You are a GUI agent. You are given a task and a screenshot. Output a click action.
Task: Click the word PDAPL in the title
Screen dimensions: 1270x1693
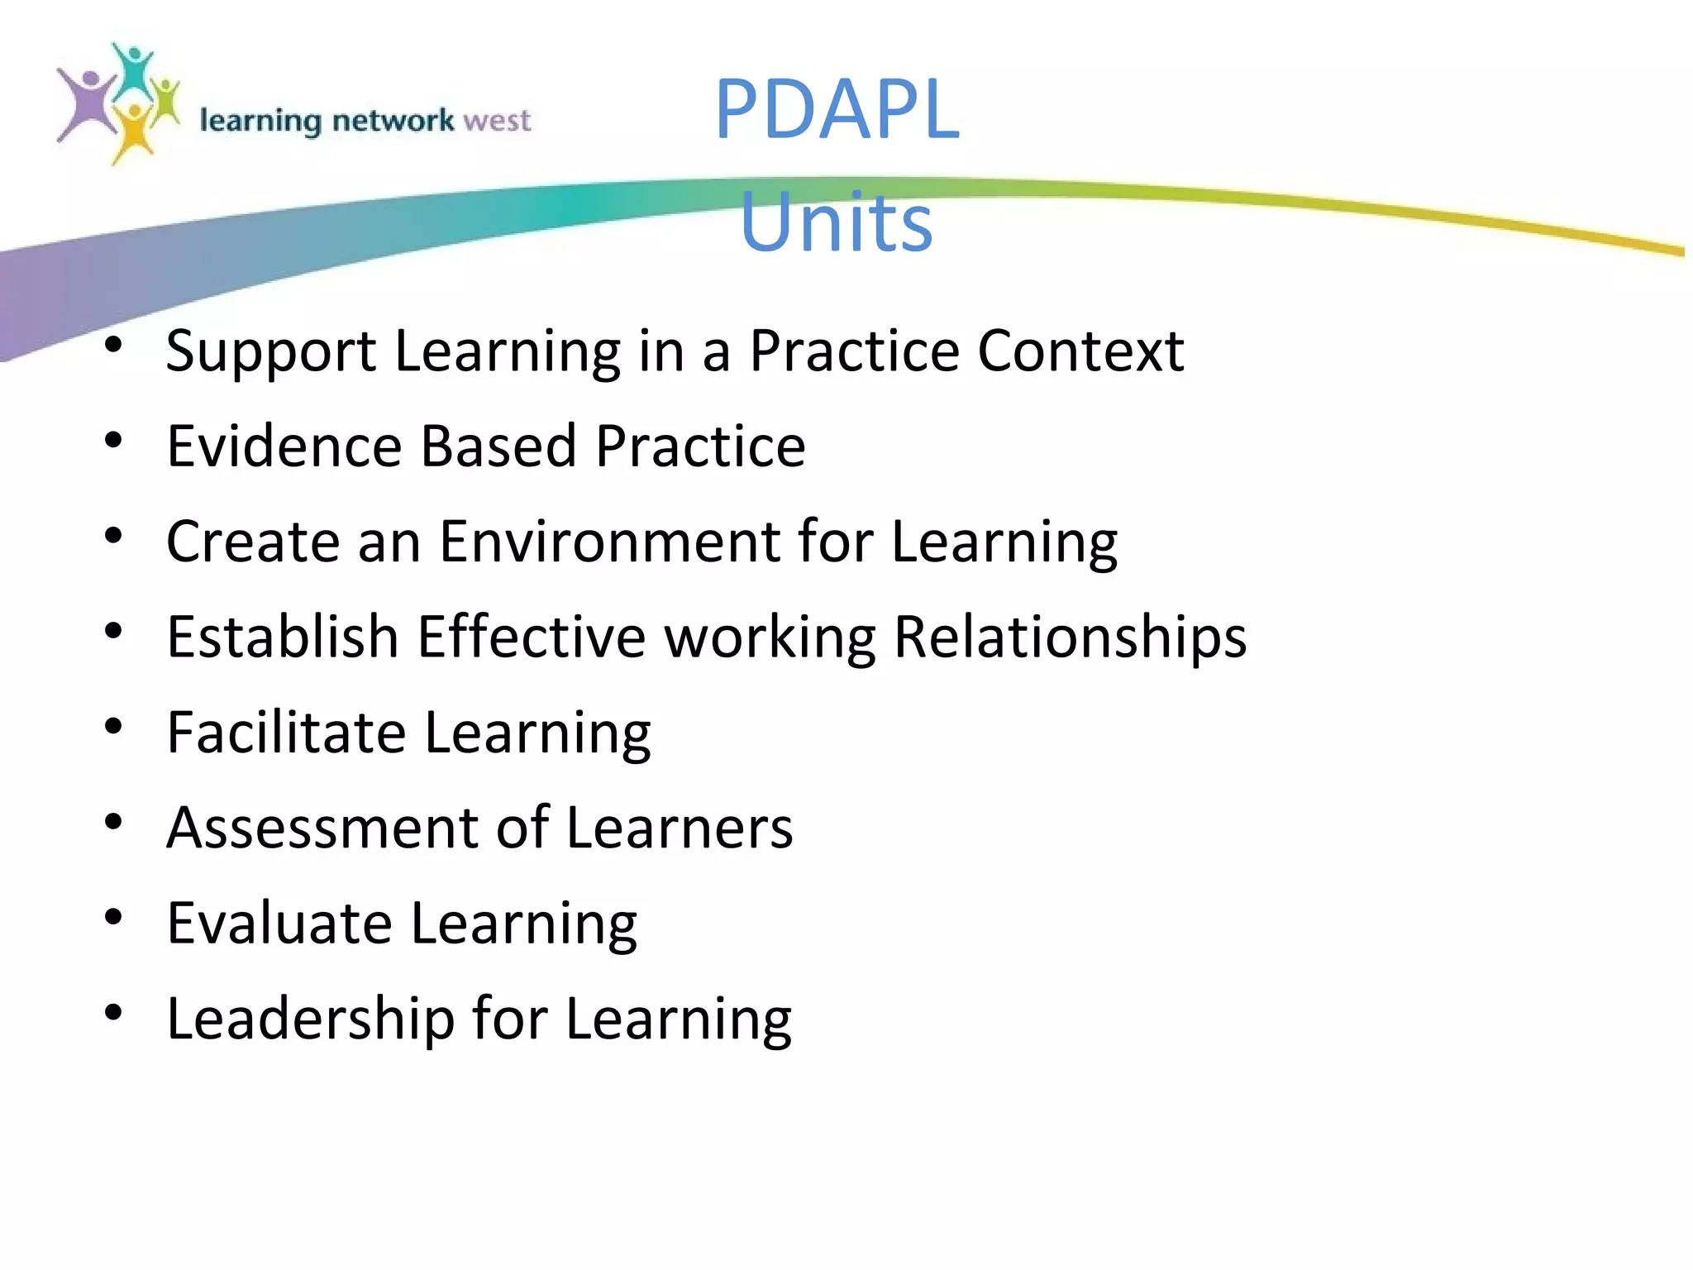click(837, 109)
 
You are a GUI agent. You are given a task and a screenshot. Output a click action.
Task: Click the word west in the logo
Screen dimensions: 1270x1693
click(497, 121)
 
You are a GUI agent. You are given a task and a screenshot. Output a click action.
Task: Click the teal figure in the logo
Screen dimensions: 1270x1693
click(132, 70)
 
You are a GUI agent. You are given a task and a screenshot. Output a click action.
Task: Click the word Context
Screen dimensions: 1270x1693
click(1080, 351)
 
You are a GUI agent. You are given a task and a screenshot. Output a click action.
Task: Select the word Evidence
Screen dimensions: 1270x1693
click(284, 446)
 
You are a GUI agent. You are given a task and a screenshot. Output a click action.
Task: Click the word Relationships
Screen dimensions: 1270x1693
click(1070, 637)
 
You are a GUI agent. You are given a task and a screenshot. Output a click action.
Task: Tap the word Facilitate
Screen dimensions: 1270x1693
click(286, 733)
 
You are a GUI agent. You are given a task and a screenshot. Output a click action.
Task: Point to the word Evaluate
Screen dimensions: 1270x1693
click(279, 923)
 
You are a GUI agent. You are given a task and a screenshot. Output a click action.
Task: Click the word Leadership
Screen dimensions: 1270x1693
click(310, 1019)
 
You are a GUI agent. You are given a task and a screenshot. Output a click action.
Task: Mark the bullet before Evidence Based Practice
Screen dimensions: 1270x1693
click(114, 441)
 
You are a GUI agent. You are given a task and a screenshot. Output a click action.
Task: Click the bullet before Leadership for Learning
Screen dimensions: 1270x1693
click(114, 1012)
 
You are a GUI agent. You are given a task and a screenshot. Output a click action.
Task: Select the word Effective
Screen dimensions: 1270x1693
click(531, 637)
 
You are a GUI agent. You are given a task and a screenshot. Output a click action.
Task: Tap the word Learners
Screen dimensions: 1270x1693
click(680, 828)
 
